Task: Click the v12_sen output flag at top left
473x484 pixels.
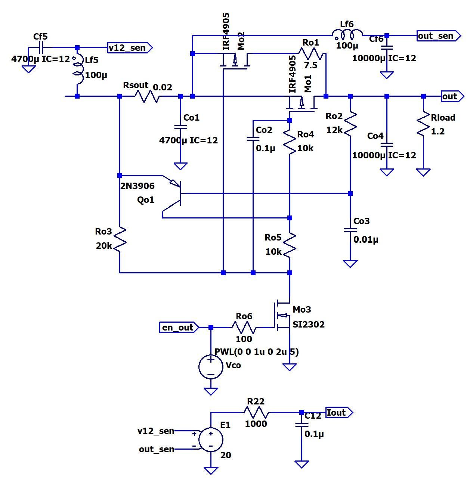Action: (129, 48)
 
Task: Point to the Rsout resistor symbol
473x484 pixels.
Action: (146, 96)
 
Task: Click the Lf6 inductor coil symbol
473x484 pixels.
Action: (348, 36)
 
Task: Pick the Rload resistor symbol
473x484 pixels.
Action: (423, 124)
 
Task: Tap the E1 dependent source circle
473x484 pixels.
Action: (211, 440)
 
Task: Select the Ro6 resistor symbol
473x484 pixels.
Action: (244, 328)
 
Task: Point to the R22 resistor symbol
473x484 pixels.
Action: (256, 413)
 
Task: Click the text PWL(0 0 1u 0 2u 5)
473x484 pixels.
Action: (256, 352)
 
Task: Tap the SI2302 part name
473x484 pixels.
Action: (308, 325)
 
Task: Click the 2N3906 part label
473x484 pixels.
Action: (137, 186)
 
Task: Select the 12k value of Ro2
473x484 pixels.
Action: (334, 130)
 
